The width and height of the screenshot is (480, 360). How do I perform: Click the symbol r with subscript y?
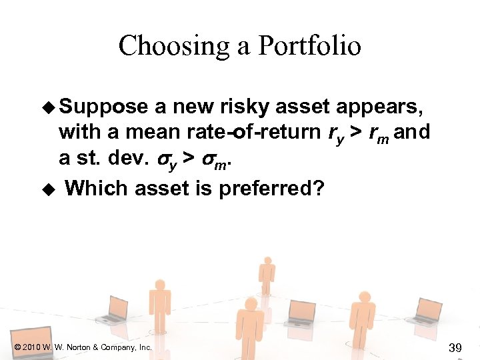click(x=334, y=133)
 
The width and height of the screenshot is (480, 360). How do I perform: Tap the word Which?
click(x=97, y=188)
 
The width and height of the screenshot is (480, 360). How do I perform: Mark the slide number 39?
click(x=455, y=347)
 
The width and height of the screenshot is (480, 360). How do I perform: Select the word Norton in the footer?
click(x=79, y=347)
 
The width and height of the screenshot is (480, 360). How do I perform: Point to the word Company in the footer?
click(x=121, y=347)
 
